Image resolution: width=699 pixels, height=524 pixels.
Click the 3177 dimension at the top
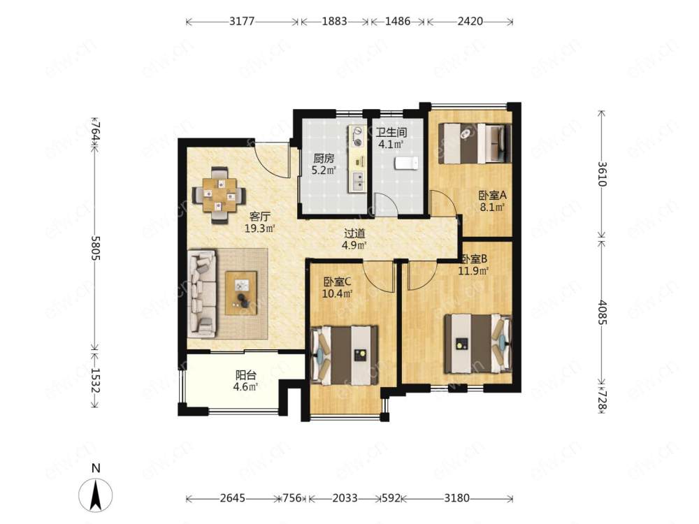[x=242, y=21]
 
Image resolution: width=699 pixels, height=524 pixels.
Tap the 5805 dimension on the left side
[x=95, y=248]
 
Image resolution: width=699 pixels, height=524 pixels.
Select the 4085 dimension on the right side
[x=603, y=312]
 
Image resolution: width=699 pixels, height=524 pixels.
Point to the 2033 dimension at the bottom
[x=345, y=497]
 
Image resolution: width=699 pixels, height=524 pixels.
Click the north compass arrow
[x=95, y=495]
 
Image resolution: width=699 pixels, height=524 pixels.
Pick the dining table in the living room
[x=218, y=195]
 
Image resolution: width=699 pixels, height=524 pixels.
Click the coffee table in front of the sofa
[x=241, y=293]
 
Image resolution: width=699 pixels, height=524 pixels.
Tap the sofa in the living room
[x=203, y=293]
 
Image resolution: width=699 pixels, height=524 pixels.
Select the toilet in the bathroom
[x=406, y=163]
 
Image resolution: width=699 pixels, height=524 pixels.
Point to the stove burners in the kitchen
[x=357, y=136]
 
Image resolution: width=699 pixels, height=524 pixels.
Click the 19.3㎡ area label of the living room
[x=259, y=228]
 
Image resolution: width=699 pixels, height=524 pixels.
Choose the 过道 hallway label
[x=355, y=233]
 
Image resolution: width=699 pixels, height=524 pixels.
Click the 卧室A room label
[x=493, y=195]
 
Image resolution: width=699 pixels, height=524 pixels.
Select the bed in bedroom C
[x=344, y=356]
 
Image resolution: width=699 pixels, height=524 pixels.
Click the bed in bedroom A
[x=475, y=143]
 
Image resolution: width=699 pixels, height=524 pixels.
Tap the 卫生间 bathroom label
[x=391, y=132]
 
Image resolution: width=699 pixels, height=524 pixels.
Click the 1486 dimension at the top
[x=398, y=21]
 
